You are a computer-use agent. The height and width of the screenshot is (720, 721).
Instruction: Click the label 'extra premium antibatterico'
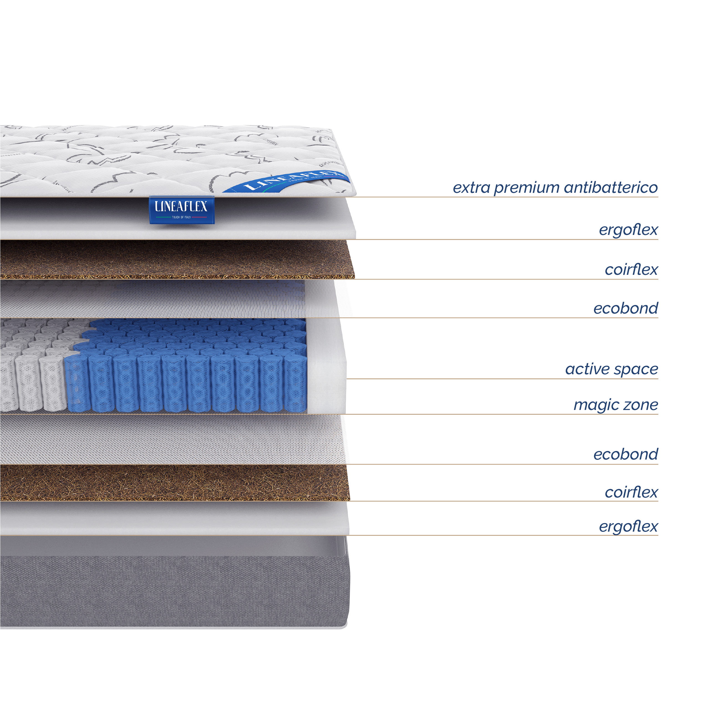(x=555, y=188)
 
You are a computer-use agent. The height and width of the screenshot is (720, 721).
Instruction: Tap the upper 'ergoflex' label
(x=628, y=230)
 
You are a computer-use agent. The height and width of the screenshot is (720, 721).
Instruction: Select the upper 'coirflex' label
(x=631, y=269)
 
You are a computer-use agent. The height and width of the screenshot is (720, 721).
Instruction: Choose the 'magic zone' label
(x=615, y=404)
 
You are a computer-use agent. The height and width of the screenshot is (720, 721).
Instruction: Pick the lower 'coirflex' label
(x=631, y=492)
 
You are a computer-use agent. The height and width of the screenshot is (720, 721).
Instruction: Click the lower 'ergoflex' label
(x=628, y=526)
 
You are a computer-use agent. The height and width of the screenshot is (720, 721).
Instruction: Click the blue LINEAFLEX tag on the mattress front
(x=182, y=210)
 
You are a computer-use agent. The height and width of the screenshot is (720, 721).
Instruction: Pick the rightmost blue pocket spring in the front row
(x=295, y=384)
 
